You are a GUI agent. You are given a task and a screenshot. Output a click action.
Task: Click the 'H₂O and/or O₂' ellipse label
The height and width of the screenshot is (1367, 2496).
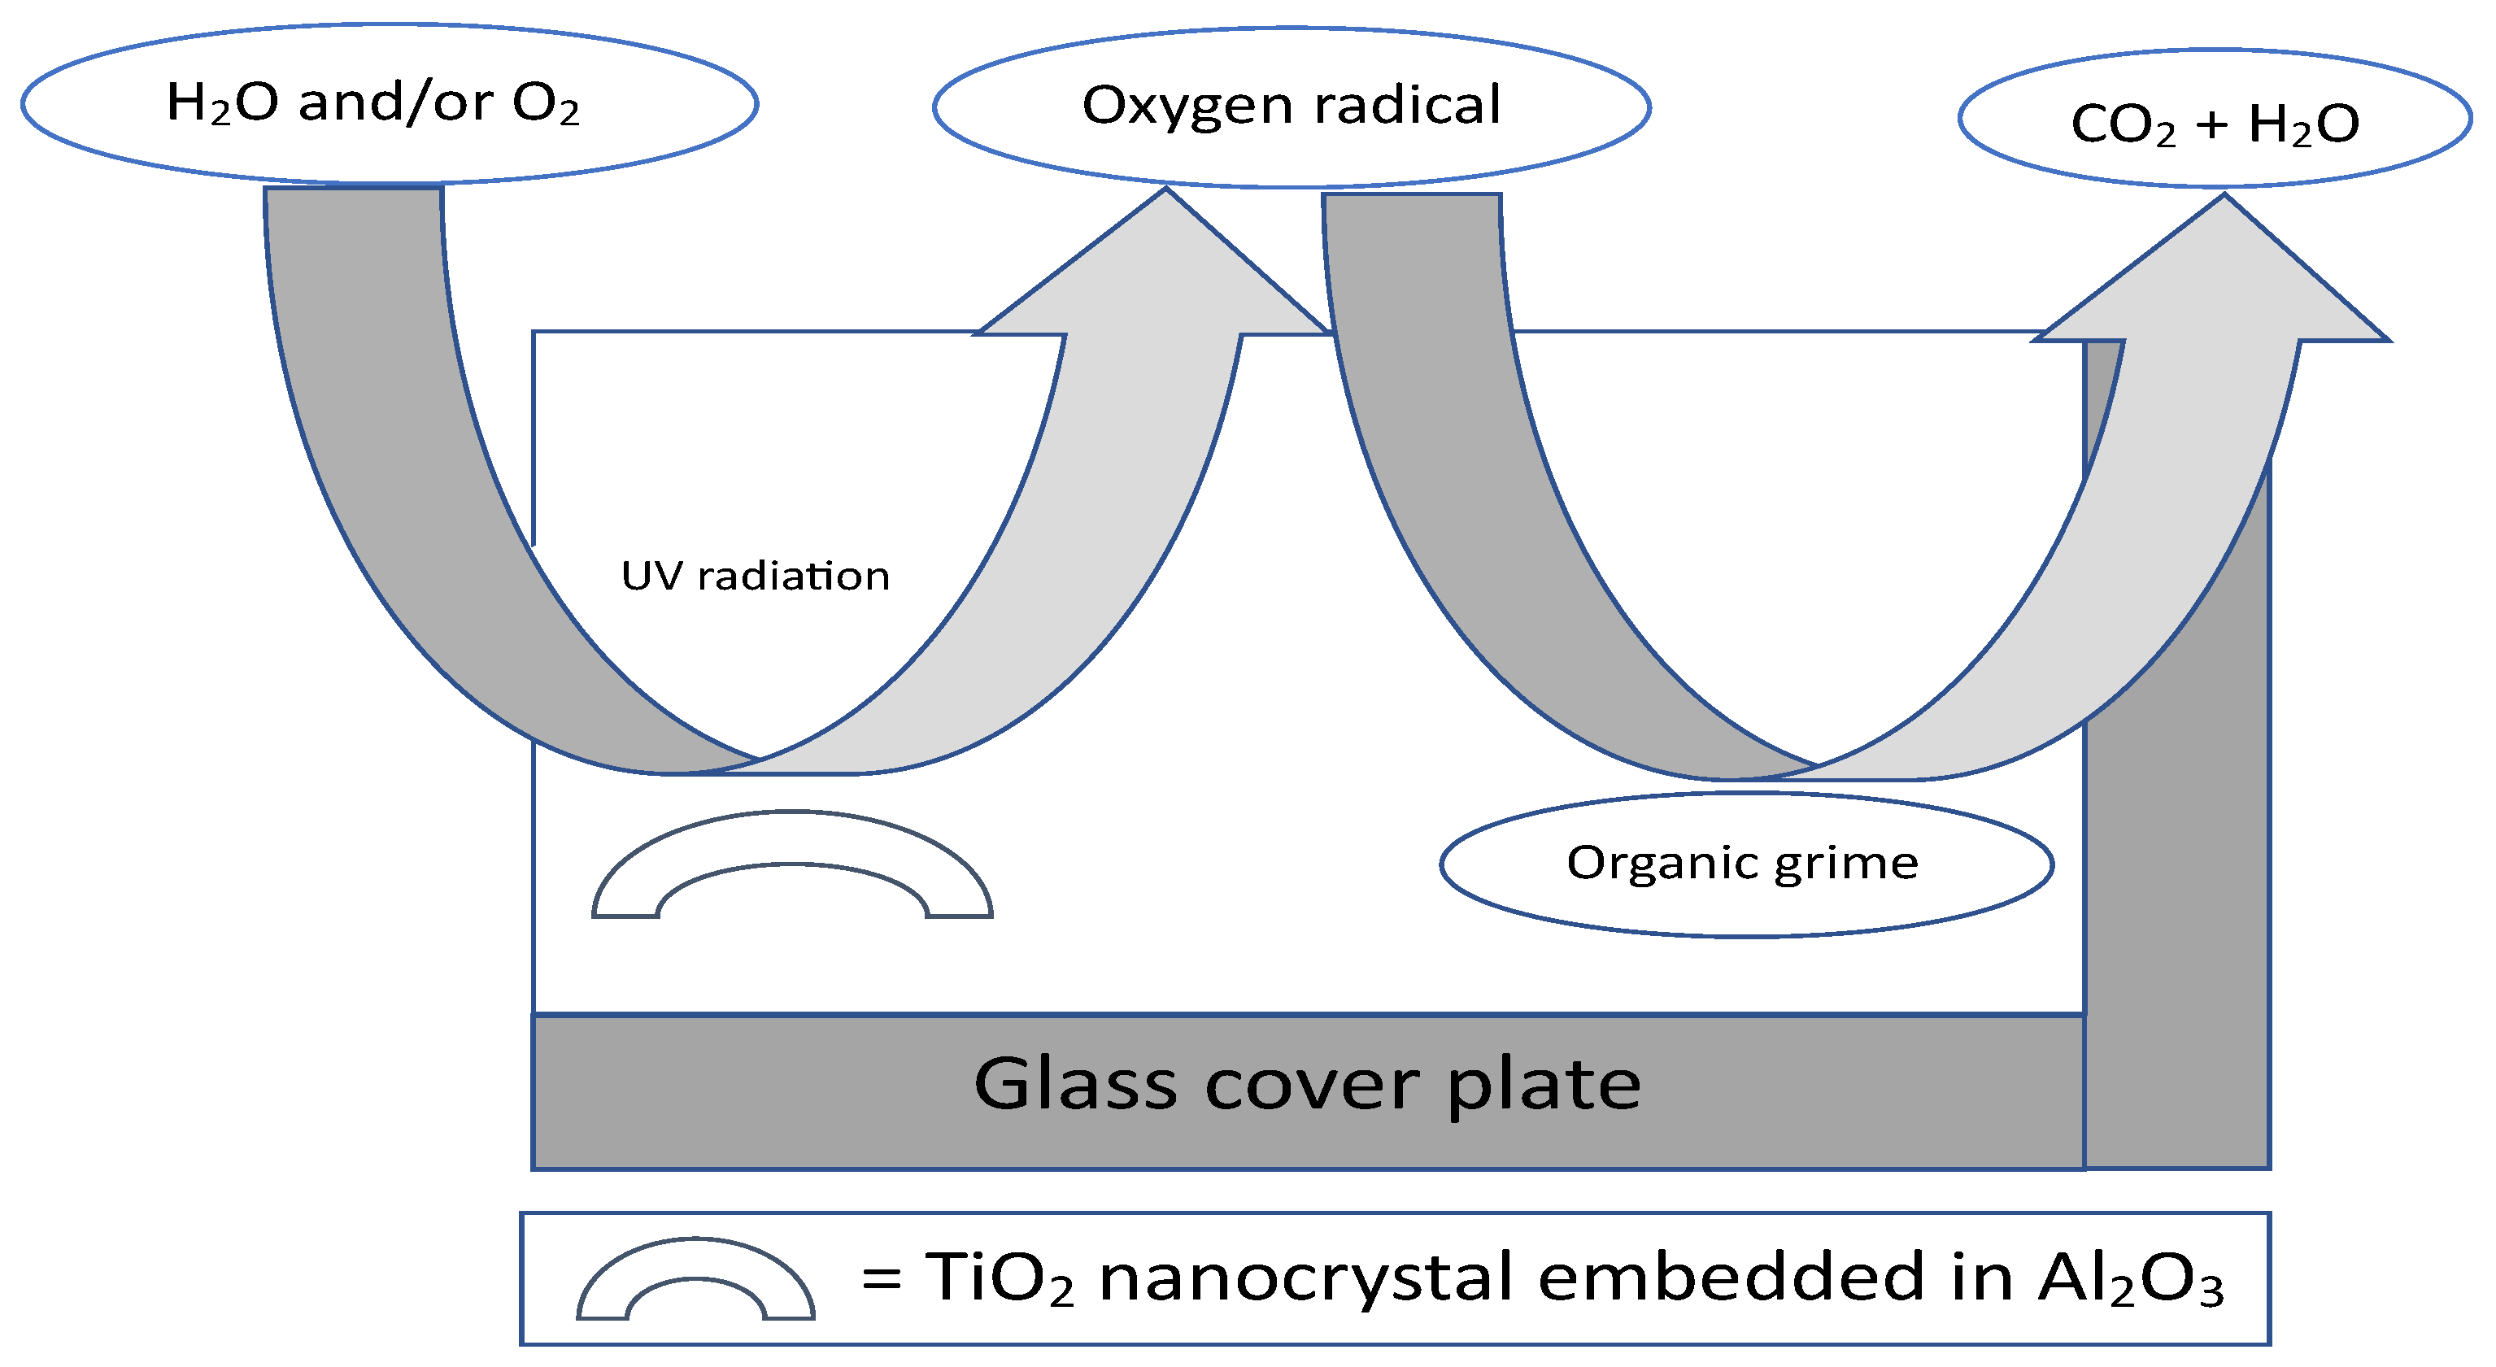point(373,102)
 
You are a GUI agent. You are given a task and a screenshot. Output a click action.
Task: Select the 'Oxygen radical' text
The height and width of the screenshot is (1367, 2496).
point(1291,105)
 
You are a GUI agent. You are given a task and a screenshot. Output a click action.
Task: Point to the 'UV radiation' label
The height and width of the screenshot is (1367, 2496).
point(755,576)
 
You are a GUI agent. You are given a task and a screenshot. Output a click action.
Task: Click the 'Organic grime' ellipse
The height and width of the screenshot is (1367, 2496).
point(1744,862)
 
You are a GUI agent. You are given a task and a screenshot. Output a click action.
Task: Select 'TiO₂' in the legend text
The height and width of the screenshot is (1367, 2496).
point(999,1278)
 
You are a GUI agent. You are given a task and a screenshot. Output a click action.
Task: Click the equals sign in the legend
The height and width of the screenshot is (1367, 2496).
point(882,1279)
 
